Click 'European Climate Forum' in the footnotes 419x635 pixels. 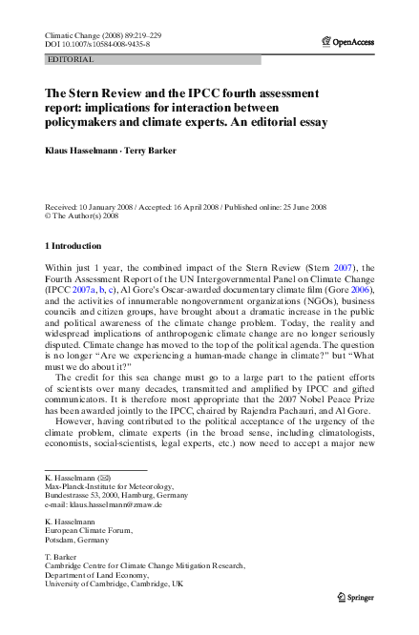pos(94,530)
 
